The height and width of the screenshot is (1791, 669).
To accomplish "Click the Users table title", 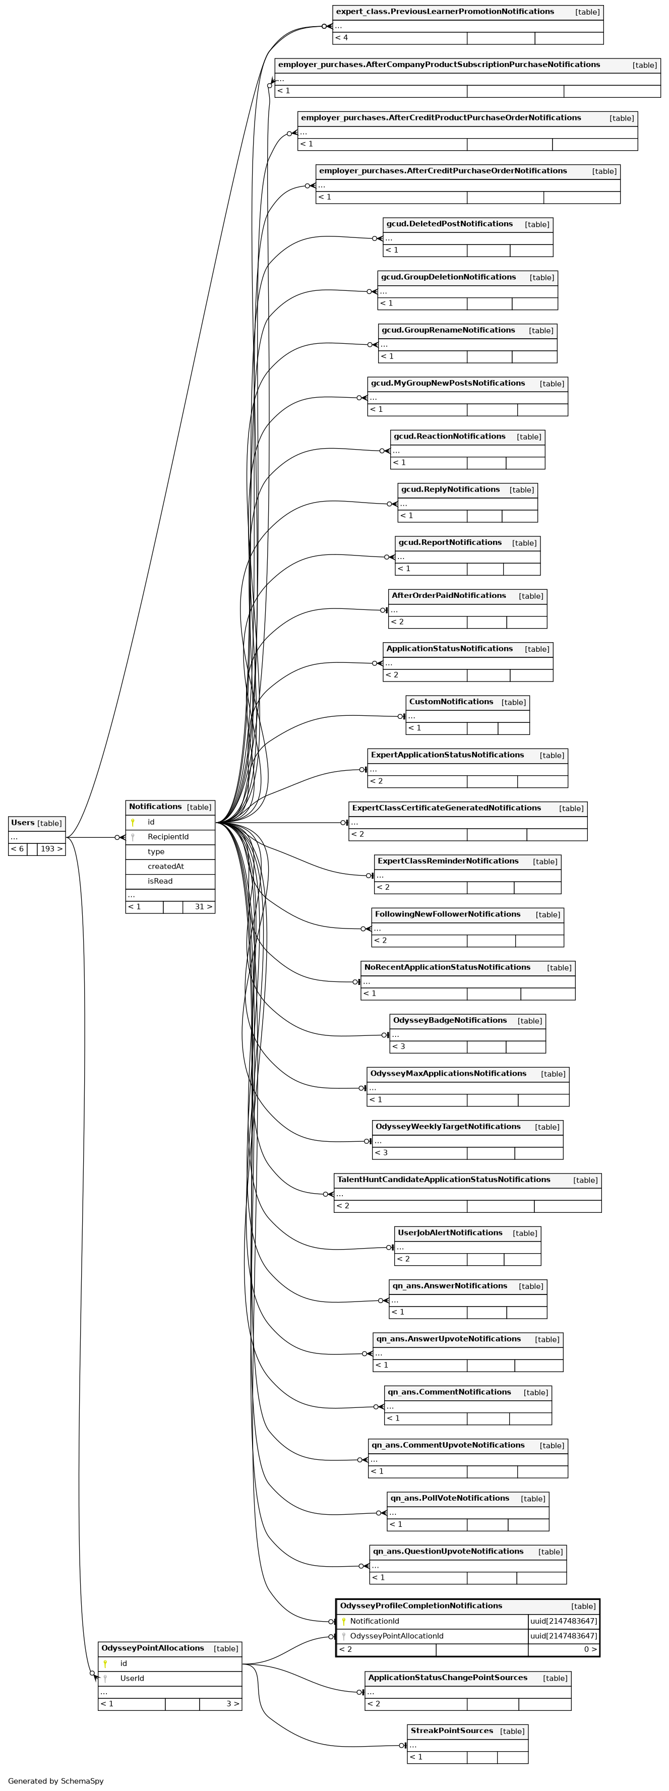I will click(x=23, y=823).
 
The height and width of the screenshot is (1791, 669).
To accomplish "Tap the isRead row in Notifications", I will click(x=160, y=882).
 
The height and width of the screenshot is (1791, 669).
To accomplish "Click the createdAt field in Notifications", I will click(x=165, y=867).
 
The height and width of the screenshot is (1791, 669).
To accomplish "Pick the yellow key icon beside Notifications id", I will click(x=133, y=823).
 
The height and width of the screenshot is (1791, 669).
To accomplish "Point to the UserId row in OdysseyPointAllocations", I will click(x=132, y=1679).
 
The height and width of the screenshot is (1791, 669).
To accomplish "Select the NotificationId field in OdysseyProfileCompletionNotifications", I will click(x=375, y=1621).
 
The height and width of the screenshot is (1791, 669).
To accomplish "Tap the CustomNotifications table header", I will click(x=451, y=702).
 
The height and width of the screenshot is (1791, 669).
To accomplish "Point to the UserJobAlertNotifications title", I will click(x=449, y=1232).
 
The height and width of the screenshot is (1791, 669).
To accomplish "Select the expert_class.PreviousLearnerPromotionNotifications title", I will click(x=445, y=12).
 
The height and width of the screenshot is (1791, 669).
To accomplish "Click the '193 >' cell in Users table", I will click(x=51, y=849).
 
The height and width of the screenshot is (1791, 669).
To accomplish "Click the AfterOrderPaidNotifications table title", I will click(x=449, y=596).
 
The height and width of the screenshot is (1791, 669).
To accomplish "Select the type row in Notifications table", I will click(x=156, y=852).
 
